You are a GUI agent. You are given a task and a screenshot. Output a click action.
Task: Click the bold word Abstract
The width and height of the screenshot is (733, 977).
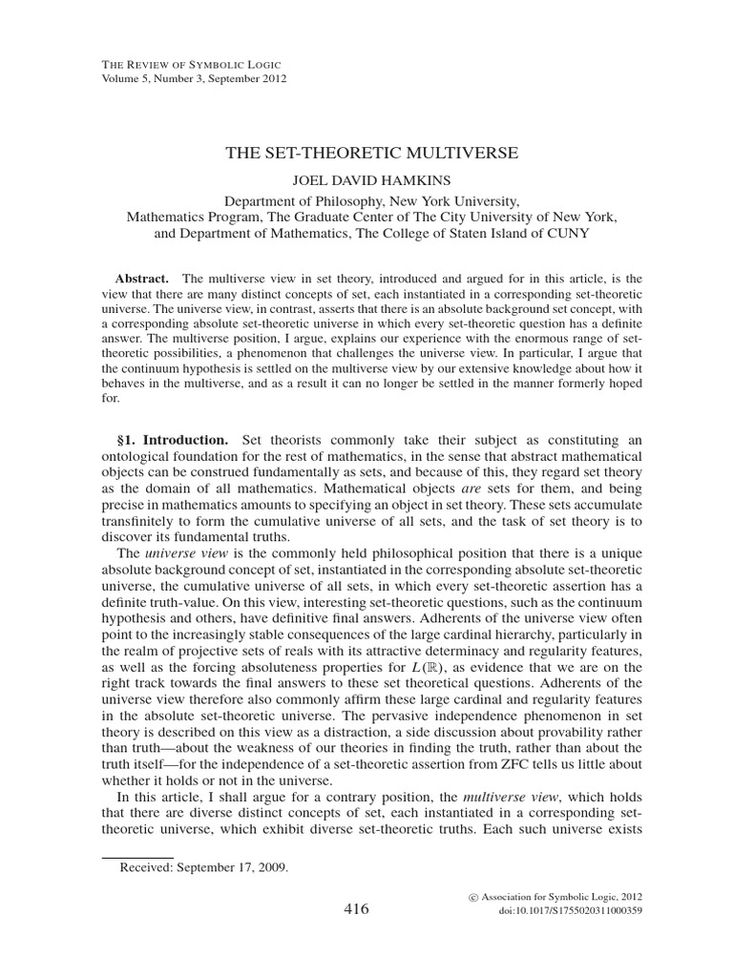(x=138, y=277)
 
